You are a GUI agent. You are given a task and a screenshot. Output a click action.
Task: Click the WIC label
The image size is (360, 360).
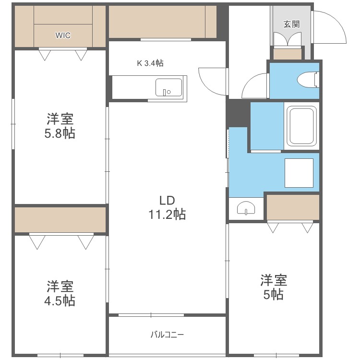(x=63, y=36)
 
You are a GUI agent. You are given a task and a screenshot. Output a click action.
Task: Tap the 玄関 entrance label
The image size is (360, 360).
(x=290, y=24)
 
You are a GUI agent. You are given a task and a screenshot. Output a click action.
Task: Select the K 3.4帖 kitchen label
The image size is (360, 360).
(x=150, y=62)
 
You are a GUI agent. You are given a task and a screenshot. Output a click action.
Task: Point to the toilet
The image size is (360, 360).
(x=308, y=79)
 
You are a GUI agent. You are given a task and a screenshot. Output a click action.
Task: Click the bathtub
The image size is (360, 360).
(x=301, y=126)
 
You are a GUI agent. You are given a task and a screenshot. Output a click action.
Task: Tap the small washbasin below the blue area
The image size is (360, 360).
(x=246, y=209)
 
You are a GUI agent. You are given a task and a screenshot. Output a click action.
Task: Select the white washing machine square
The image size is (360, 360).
(x=299, y=173)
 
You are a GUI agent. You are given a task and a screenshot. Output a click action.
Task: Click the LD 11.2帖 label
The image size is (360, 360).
(x=167, y=207)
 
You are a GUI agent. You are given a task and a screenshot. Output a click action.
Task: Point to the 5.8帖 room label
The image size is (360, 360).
(x=60, y=126)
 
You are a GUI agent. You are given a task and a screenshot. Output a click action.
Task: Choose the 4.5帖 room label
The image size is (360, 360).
(x=60, y=294)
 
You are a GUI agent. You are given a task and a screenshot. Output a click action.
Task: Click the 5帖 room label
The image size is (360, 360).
(x=274, y=287)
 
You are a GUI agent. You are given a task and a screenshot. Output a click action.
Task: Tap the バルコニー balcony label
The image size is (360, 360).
(x=167, y=335)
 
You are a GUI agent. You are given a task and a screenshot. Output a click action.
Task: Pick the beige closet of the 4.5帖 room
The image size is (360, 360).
(x=60, y=220)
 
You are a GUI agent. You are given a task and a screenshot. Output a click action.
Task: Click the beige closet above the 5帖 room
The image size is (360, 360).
(x=293, y=206)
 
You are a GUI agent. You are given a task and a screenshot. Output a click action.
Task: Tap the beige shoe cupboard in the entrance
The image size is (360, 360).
(x=288, y=53)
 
